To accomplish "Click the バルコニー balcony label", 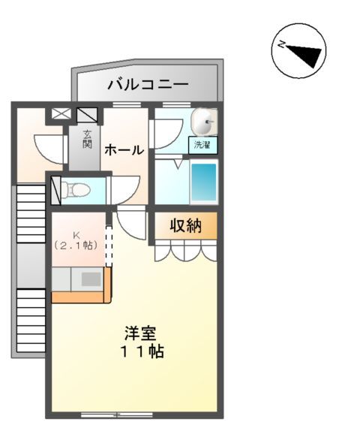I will (147, 83).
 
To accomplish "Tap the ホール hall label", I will (123, 149).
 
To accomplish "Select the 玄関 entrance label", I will (87, 139).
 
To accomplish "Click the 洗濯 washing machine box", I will (202, 145).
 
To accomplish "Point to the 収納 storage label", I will (184, 226).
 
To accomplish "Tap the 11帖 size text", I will (140, 351).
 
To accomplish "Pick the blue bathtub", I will (202, 182).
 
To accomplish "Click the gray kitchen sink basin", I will (91, 279).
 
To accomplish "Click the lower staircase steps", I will (31, 319).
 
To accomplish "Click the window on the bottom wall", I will (116, 414).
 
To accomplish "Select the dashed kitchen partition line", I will (109, 246).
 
